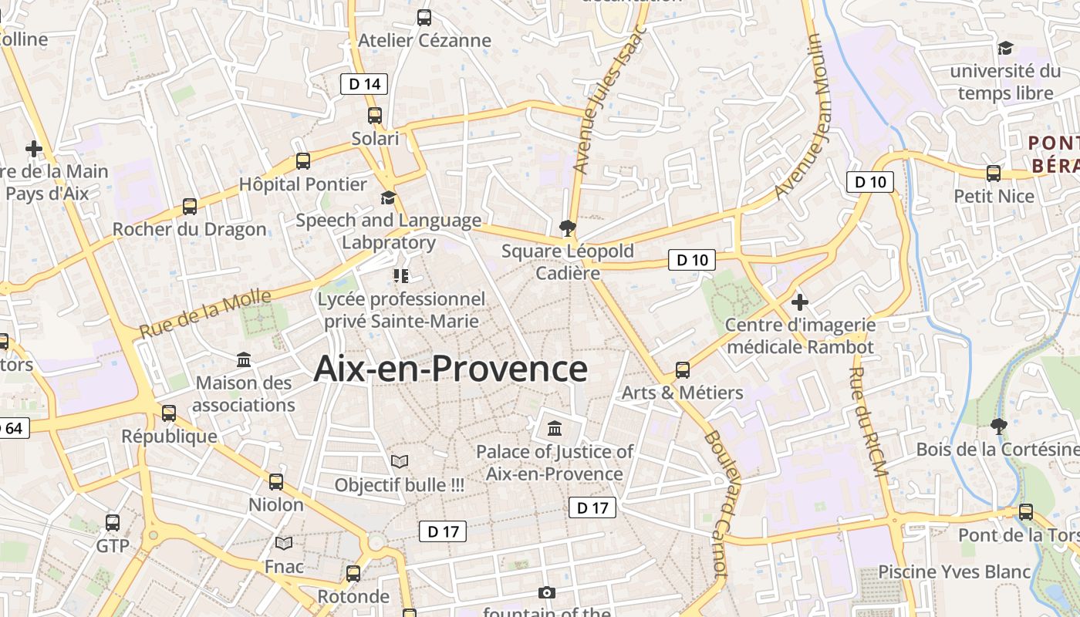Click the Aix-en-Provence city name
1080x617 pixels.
(451, 369)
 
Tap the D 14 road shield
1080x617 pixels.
(364, 84)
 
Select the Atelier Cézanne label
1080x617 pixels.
(424, 40)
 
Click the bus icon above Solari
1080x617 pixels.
(375, 116)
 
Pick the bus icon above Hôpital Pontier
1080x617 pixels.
(303, 161)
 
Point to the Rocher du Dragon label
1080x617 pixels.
(189, 229)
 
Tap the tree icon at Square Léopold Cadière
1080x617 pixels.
(568, 228)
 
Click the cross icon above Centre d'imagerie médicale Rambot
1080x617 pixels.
(800, 302)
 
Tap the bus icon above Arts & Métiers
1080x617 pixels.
(683, 369)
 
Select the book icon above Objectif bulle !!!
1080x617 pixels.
(400, 461)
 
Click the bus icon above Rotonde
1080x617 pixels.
(353, 573)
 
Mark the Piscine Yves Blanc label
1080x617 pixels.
(954, 571)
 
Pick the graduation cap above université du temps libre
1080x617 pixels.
(1005, 48)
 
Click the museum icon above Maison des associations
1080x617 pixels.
(244, 359)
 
